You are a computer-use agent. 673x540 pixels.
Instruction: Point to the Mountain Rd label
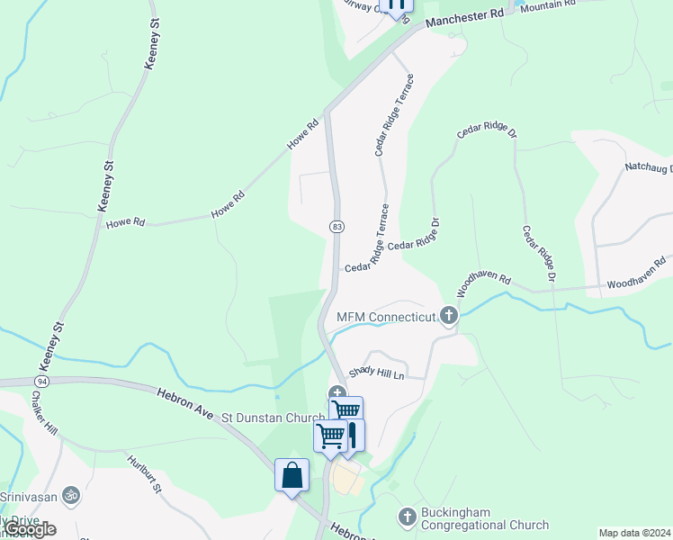547,5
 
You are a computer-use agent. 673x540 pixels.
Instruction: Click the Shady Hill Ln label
373,371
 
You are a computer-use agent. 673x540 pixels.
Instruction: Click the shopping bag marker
292,475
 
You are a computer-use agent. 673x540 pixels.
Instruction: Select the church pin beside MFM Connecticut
449,316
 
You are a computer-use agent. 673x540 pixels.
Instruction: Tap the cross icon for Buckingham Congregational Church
407,517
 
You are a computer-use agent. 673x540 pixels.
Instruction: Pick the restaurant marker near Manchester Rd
395,5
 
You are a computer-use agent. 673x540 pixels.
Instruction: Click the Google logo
30,529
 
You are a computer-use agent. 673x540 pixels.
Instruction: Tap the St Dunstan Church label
274,417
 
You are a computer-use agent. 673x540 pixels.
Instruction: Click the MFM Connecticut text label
386,317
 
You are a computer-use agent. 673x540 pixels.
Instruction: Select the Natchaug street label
648,168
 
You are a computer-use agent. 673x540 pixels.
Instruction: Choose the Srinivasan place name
30,496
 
